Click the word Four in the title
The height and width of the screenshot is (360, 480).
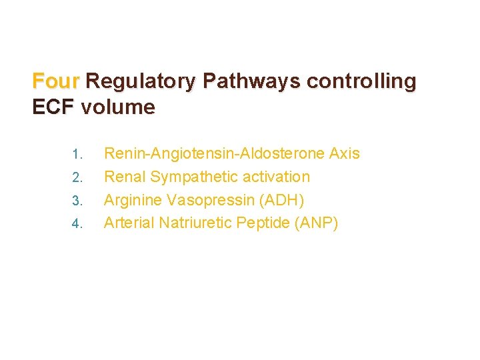(56, 81)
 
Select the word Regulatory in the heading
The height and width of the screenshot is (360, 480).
(141, 81)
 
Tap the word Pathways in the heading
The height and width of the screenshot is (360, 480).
(251, 81)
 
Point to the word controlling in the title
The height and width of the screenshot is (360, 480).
(361, 81)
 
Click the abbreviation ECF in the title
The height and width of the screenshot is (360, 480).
(53, 107)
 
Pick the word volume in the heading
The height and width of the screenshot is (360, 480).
(118, 107)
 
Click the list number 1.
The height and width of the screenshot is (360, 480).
(77, 155)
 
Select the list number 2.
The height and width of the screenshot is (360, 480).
(77, 178)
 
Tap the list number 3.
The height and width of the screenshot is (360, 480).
(77, 201)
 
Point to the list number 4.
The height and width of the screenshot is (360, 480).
(77, 223)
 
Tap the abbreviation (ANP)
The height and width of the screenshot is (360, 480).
(316, 222)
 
